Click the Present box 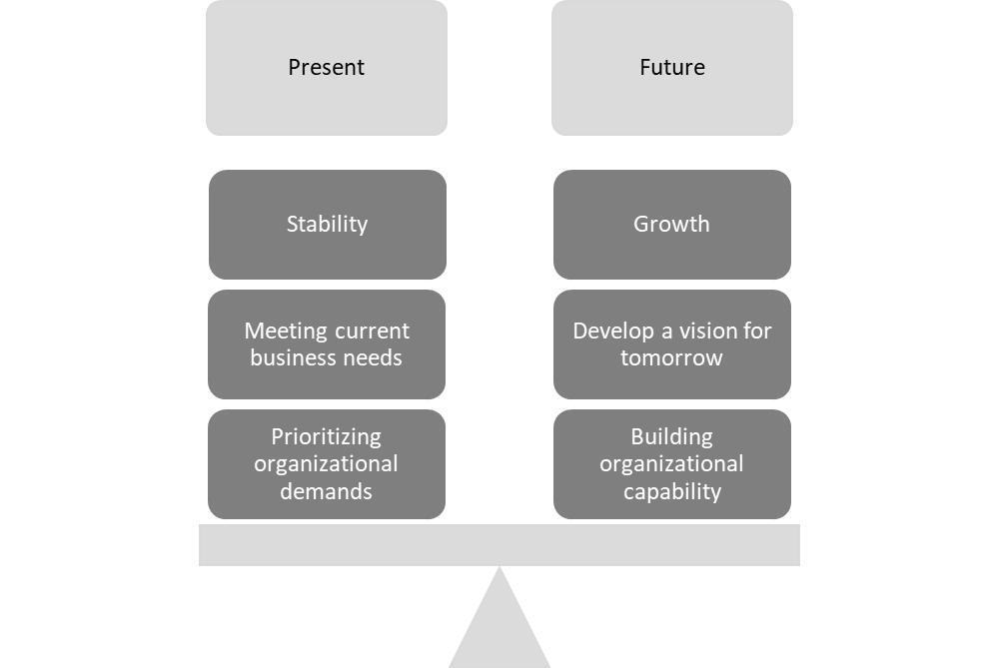point(327,68)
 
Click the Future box point(671,68)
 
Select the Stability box point(327,224)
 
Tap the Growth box point(671,224)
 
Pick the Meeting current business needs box point(327,343)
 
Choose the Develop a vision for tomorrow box point(671,343)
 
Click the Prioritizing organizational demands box point(327,463)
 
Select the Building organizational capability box point(671,463)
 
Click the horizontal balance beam point(499,545)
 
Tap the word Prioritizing point(326,437)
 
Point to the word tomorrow point(671,357)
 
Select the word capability point(671,491)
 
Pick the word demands point(326,491)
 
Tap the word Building point(671,437)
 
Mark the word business point(293,357)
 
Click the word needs point(372,357)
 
